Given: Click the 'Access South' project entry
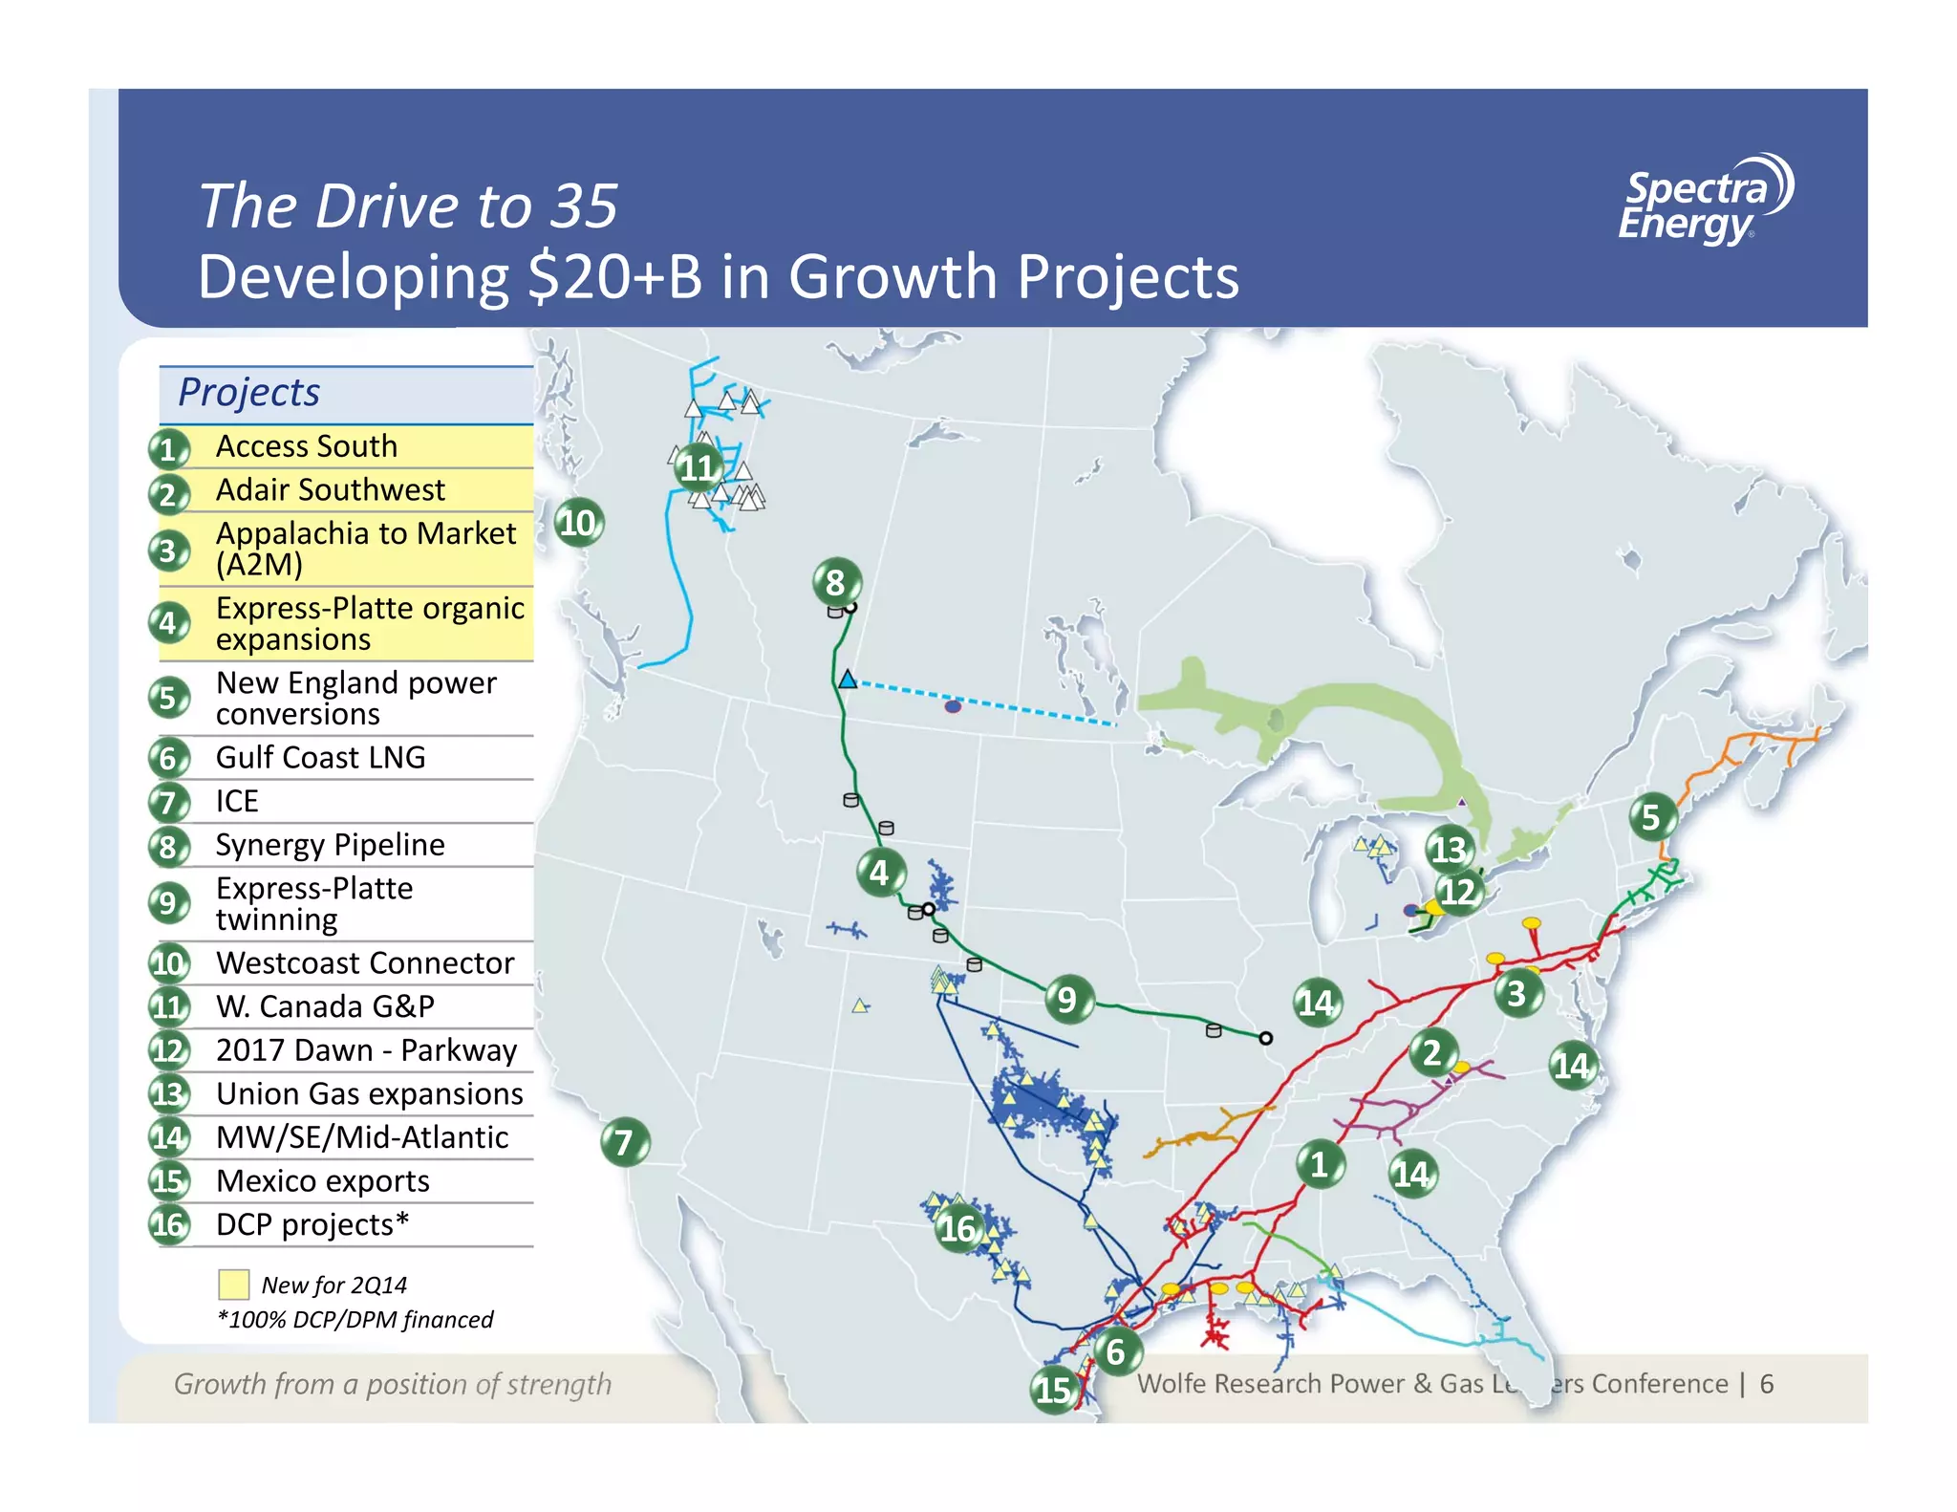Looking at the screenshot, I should tap(306, 446).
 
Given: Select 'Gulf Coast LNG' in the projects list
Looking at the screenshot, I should tap(320, 757).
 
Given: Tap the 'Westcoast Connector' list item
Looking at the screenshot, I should tap(364, 962).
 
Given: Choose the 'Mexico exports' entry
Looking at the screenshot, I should tap(322, 1180).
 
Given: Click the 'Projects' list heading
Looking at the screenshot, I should tap(249, 393).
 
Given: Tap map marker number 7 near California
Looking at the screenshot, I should tap(625, 1142).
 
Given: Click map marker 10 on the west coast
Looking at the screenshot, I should tap(578, 523).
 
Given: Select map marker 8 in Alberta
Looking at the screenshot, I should tap(836, 582).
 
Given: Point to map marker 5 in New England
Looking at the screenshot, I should tap(1651, 817).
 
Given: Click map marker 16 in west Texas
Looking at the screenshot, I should tap(958, 1228).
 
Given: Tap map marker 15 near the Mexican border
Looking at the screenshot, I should tap(1054, 1390).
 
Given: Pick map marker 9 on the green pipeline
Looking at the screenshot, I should tap(1067, 1000).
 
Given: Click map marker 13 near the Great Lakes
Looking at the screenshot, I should tap(1448, 849).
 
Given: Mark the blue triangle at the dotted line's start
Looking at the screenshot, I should tap(848, 680).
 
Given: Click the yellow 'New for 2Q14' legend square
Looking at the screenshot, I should tap(233, 1285).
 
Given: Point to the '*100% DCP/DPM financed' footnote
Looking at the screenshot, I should tap(355, 1320).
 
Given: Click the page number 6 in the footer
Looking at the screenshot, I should tap(1767, 1384).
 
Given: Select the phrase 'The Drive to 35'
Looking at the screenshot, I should tap(408, 205).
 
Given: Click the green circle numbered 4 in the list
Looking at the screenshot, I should tap(168, 622).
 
